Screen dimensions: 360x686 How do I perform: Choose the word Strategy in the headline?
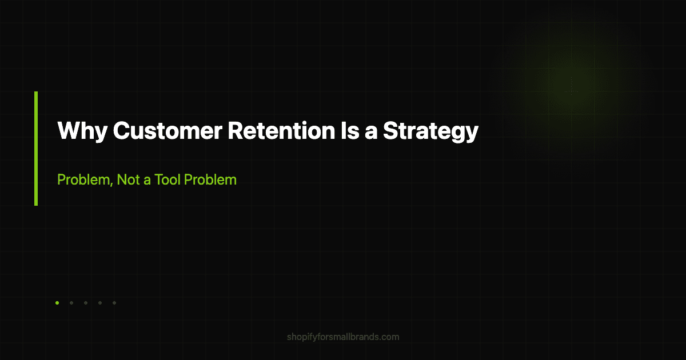(x=430, y=131)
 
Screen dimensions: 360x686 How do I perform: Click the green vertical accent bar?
(x=36, y=148)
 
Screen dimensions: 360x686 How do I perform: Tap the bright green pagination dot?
(x=57, y=303)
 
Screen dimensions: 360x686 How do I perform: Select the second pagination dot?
(x=71, y=303)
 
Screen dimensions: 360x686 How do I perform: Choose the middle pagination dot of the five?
(x=86, y=303)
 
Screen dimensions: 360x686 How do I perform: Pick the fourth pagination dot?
(x=100, y=303)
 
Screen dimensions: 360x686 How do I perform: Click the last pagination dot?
(x=114, y=303)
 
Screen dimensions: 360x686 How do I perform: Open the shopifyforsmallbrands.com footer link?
(x=343, y=337)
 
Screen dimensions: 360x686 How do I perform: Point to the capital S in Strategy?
(x=390, y=131)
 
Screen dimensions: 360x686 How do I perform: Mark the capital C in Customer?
(x=121, y=131)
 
